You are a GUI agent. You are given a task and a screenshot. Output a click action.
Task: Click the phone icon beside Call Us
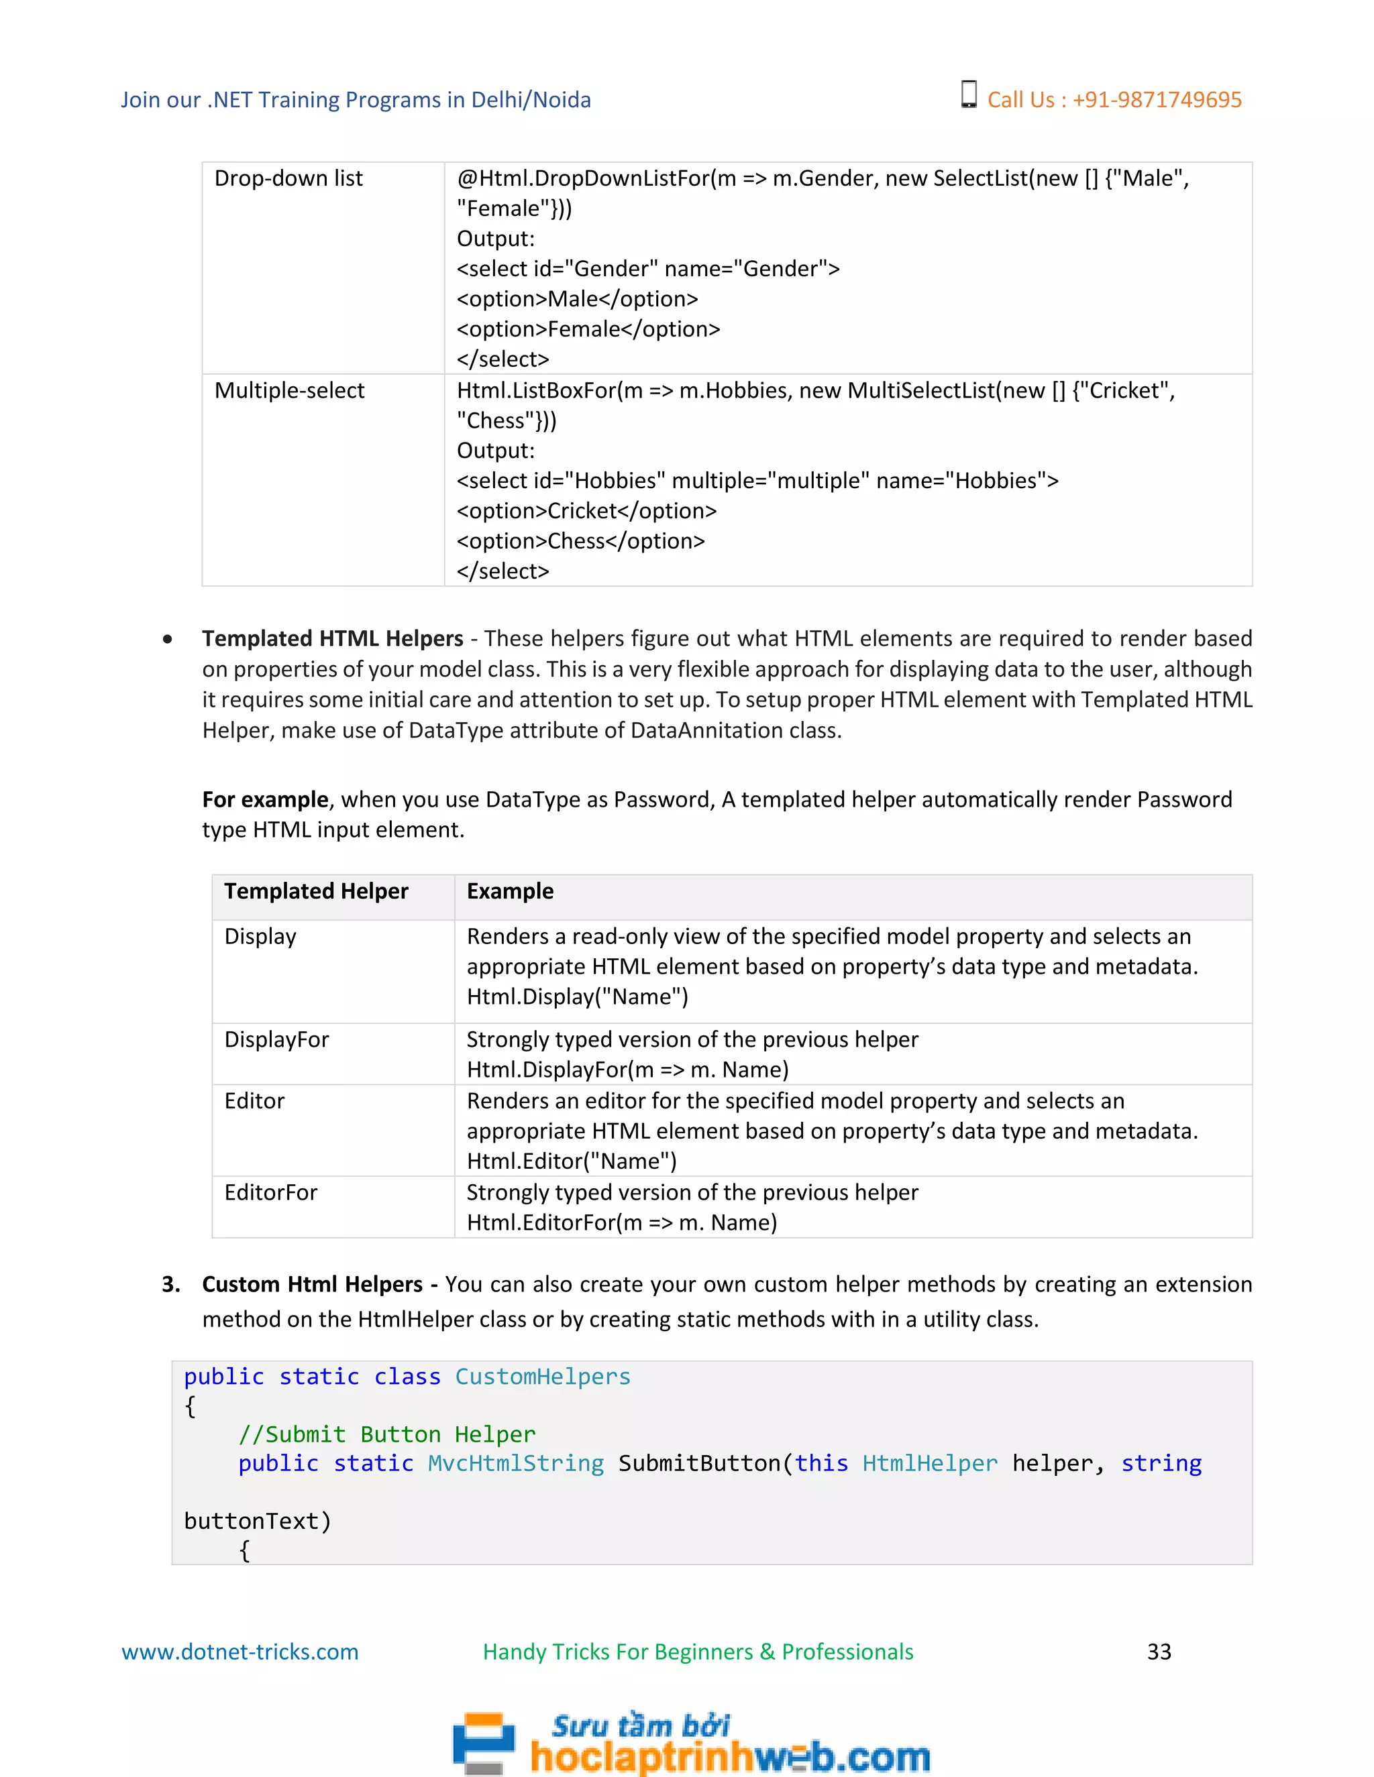(x=968, y=95)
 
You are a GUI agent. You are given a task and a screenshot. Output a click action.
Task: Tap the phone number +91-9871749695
(x=1157, y=100)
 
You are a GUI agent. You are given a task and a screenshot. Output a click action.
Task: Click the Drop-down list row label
(x=288, y=178)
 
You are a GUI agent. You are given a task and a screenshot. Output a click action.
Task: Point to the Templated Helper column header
(x=316, y=891)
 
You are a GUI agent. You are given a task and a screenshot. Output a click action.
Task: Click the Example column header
(x=510, y=891)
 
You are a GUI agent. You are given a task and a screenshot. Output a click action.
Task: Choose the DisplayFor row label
(x=276, y=1040)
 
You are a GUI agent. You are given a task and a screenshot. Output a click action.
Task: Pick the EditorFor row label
(x=270, y=1193)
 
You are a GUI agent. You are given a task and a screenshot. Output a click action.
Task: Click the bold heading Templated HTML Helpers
(x=332, y=638)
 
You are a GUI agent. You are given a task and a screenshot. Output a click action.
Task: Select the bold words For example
(x=264, y=800)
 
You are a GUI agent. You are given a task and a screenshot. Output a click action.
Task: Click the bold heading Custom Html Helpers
(x=312, y=1284)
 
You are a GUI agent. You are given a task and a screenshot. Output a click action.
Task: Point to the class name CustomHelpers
(x=542, y=1377)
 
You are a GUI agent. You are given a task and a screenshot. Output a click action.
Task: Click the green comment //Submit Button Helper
(x=386, y=1434)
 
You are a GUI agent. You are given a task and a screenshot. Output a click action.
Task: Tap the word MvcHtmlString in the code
(x=516, y=1463)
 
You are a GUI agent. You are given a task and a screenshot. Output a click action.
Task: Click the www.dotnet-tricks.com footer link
(x=240, y=1652)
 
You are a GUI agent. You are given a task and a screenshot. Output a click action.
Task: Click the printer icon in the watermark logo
(x=484, y=1743)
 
